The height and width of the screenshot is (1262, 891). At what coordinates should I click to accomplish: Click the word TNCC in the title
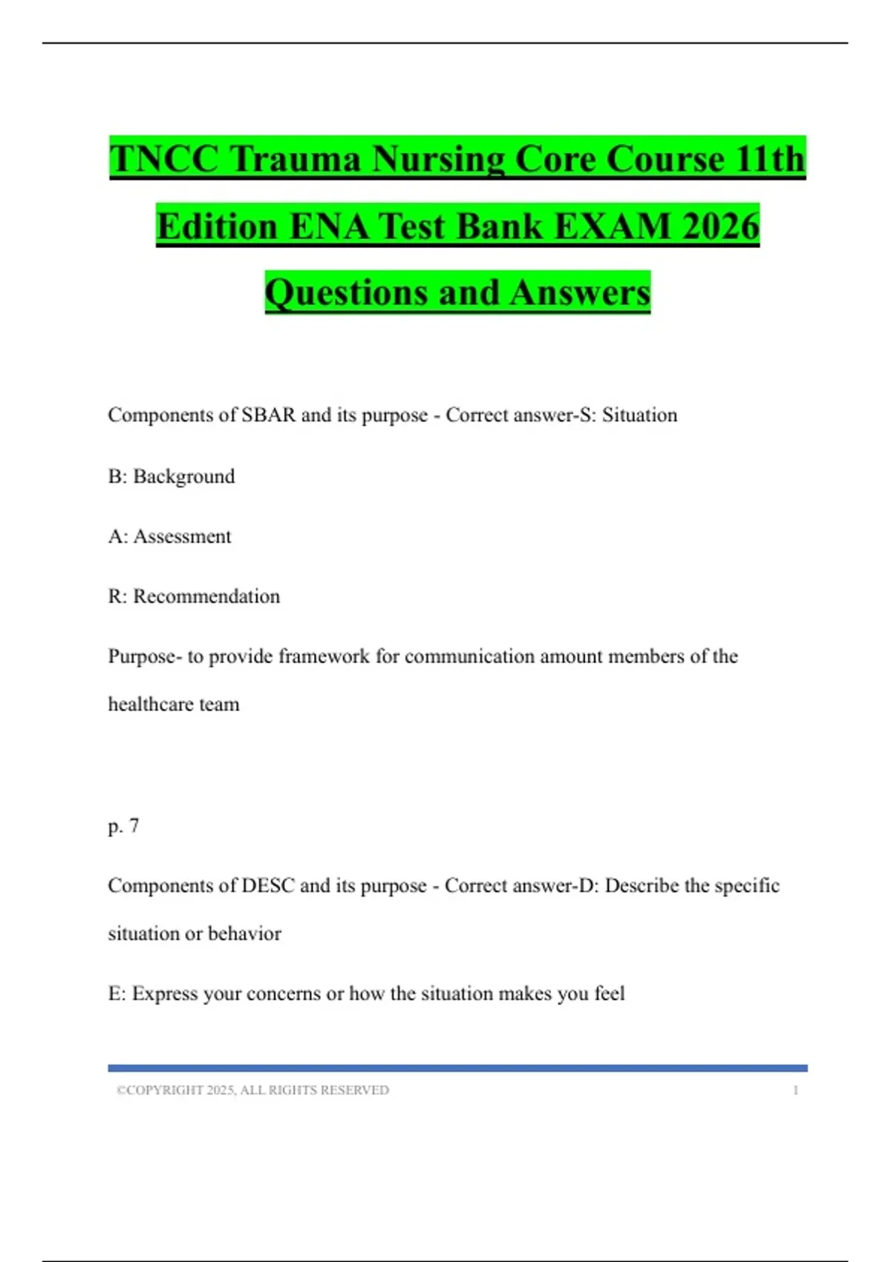click(x=164, y=159)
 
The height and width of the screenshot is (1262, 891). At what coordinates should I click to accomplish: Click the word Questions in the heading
click(x=345, y=292)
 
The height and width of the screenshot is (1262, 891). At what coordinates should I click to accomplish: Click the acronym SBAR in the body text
click(x=269, y=415)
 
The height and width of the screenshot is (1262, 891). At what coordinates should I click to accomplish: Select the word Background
click(x=184, y=477)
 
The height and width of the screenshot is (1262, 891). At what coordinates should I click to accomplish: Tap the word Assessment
click(x=183, y=537)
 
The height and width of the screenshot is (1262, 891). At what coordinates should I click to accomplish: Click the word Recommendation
click(x=206, y=597)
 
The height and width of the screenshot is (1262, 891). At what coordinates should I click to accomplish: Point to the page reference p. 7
click(x=123, y=825)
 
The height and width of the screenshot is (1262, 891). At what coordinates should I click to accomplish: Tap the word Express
click(x=165, y=994)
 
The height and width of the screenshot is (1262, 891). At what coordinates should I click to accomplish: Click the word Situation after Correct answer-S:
click(x=639, y=415)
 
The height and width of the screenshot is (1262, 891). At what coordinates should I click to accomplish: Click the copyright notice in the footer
click(x=252, y=1090)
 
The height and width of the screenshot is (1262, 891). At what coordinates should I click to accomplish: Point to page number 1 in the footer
click(x=795, y=1090)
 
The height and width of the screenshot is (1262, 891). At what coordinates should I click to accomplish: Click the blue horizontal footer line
click(x=457, y=1068)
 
